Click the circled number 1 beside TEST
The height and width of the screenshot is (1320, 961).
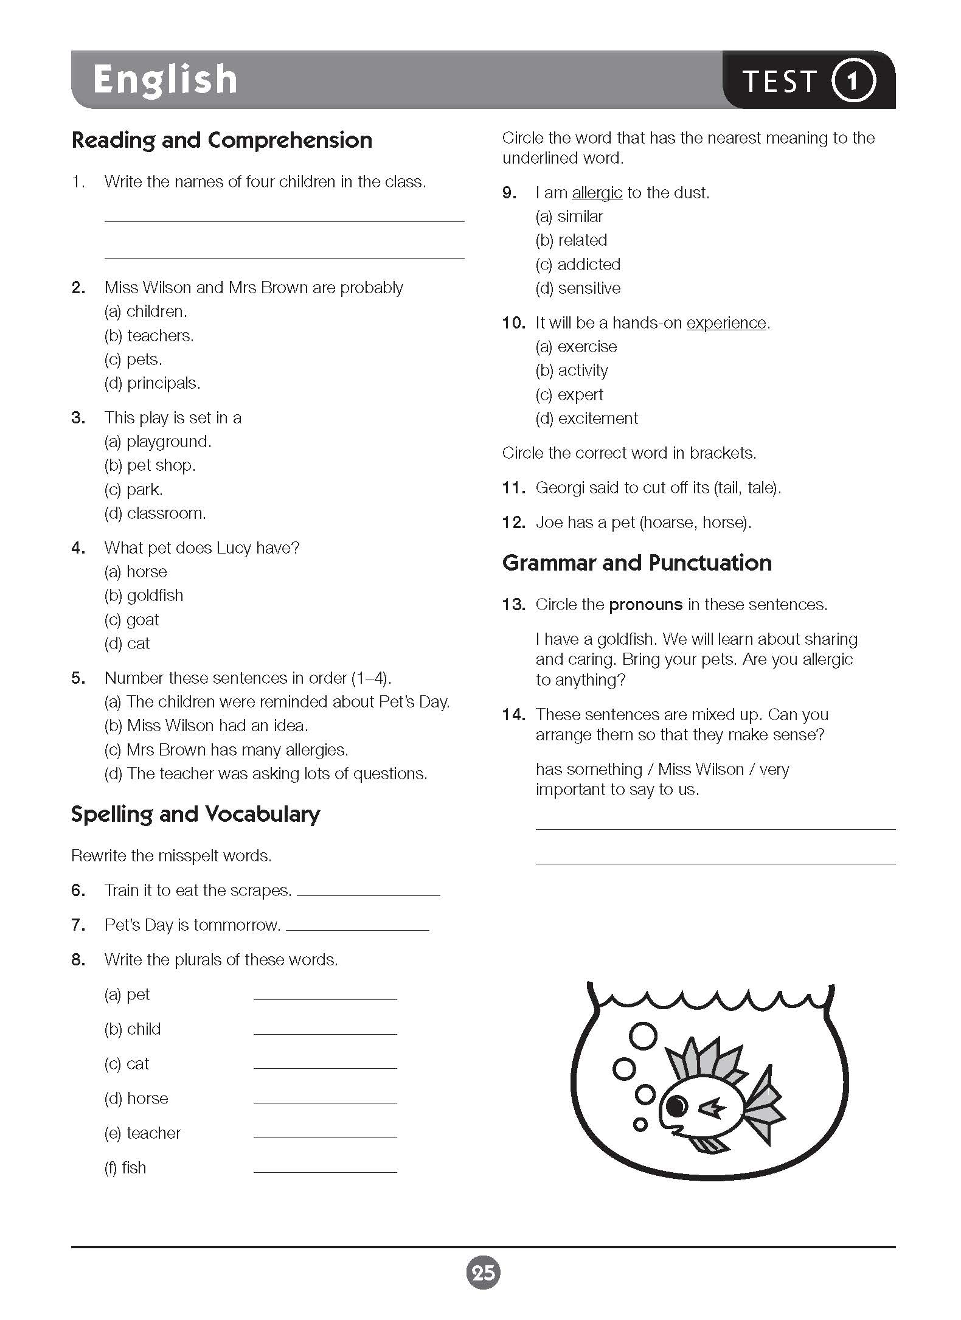tap(853, 80)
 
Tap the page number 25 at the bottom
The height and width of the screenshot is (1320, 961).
tap(483, 1273)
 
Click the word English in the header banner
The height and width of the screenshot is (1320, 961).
tap(165, 80)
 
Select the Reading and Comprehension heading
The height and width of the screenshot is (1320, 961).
tap(221, 141)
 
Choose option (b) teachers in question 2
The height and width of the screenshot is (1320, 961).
tap(149, 335)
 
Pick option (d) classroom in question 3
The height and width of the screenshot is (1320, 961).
tap(155, 513)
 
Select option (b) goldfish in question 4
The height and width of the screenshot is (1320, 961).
tap(144, 596)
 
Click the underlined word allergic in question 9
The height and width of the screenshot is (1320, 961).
tap(597, 193)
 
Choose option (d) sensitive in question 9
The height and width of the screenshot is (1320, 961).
tap(578, 288)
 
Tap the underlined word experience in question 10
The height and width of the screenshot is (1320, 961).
tap(726, 323)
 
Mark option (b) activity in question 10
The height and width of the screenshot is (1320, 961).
tap(572, 370)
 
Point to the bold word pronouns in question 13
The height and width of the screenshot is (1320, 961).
tap(645, 605)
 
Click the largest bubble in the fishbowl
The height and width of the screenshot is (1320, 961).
tap(642, 1036)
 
